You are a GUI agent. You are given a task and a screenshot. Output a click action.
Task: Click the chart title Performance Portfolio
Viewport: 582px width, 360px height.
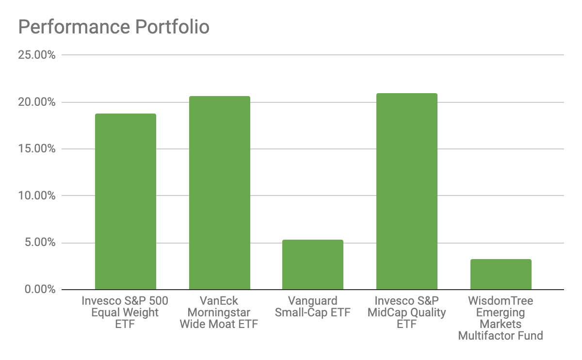pyautogui.click(x=113, y=27)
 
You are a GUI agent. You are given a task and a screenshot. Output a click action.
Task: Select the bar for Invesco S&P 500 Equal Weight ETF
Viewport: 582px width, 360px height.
pyautogui.click(x=125, y=201)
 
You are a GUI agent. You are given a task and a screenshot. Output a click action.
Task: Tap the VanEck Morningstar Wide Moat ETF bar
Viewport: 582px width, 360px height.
pyautogui.click(x=219, y=193)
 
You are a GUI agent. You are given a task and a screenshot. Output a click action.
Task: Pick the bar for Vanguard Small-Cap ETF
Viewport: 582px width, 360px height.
pyautogui.click(x=313, y=264)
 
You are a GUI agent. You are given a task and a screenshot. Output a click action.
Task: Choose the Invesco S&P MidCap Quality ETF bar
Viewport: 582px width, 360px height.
pyautogui.click(x=406, y=191)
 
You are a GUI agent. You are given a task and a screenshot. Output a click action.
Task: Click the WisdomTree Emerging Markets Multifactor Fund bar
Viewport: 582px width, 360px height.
pyautogui.click(x=501, y=274)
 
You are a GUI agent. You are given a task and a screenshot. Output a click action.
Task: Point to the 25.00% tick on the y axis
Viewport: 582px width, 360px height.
pyautogui.click(x=37, y=55)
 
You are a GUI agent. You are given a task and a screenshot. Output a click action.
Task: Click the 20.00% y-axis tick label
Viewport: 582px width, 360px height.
pyautogui.click(x=37, y=102)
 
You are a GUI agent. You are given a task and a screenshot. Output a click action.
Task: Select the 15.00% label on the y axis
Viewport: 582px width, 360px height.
pyautogui.click(x=37, y=149)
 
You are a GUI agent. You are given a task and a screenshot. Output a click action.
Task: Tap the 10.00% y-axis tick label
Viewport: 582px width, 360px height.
pyautogui.click(x=37, y=196)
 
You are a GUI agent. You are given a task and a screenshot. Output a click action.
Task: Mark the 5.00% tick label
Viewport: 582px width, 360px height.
pyautogui.click(x=40, y=243)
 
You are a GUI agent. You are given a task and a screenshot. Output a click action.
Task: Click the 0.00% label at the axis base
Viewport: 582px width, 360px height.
pyautogui.click(x=40, y=290)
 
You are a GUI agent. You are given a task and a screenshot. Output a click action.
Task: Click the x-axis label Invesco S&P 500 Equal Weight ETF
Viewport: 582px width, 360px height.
pyautogui.click(x=125, y=312)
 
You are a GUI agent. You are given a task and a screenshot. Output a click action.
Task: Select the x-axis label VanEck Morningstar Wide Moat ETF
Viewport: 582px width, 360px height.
pyautogui.click(x=219, y=312)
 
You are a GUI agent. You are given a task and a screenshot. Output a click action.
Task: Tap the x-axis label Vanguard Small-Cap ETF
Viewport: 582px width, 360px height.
pyautogui.click(x=313, y=307)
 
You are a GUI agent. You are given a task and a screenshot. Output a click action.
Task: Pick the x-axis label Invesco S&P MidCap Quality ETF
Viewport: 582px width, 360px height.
pyautogui.click(x=406, y=312)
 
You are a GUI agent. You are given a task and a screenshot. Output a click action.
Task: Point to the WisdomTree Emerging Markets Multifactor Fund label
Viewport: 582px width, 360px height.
pyautogui.click(x=501, y=318)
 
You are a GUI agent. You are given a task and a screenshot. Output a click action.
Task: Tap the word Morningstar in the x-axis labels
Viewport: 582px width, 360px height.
pyautogui.click(x=219, y=312)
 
